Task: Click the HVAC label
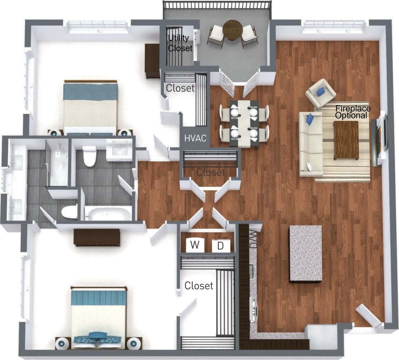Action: [196, 137]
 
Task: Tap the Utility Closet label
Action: [180, 43]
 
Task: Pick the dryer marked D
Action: [220, 246]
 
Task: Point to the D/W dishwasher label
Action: [254, 239]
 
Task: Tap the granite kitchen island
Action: [306, 254]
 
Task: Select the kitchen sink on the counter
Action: [252, 271]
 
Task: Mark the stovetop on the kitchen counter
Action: [254, 311]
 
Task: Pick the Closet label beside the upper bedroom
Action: [180, 88]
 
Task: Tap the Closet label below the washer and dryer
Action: [199, 285]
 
